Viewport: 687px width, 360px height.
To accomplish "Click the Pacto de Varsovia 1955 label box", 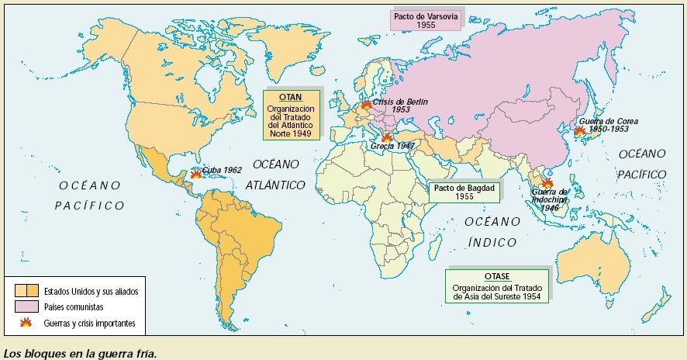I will (424, 20).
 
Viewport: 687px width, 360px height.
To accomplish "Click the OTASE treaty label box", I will (496, 286).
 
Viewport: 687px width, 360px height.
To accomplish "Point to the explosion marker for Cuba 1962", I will (195, 175).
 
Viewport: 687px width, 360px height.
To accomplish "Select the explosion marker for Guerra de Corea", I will (579, 131).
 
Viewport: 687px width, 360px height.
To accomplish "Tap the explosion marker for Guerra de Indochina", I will (547, 185).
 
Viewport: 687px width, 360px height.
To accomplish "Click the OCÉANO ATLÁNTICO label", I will (276, 175).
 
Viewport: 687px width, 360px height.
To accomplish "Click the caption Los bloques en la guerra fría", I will (80, 352).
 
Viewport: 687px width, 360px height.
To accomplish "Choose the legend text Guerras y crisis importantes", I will (90, 323).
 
